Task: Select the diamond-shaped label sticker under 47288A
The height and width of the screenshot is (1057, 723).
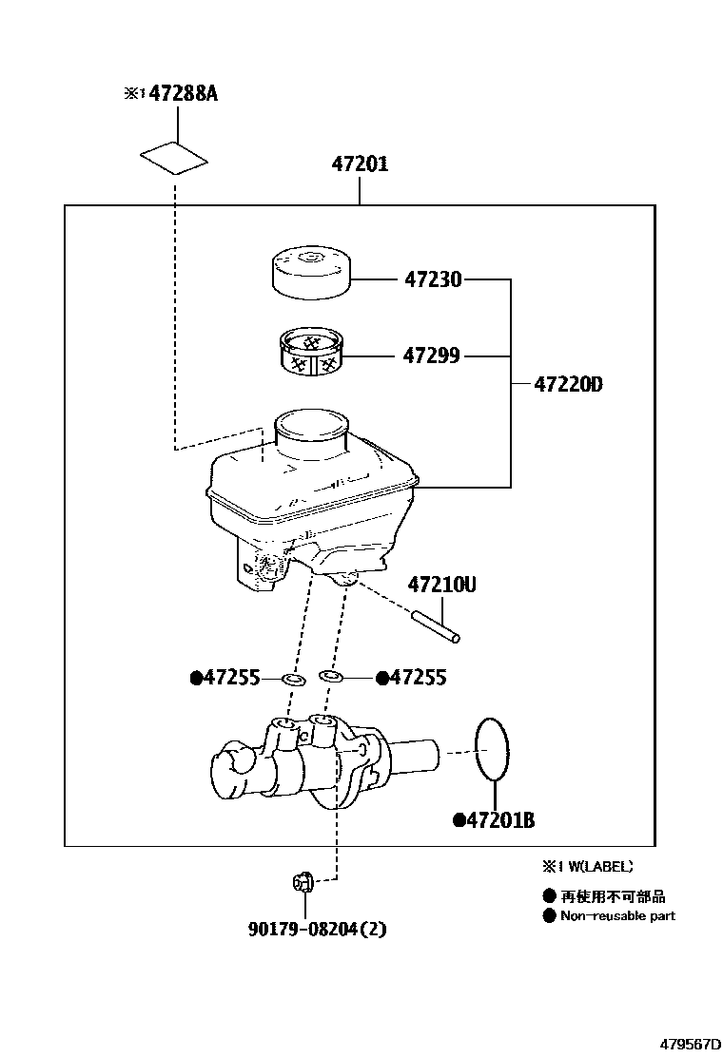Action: click(x=174, y=158)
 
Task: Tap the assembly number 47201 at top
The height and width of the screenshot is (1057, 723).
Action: click(x=360, y=163)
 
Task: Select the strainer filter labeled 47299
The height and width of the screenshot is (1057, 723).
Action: click(x=311, y=353)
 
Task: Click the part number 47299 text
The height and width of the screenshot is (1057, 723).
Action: click(x=431, y=356)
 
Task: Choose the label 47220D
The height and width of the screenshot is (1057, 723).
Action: click(x=568, y=385)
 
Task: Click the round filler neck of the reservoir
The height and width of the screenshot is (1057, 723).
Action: click(x=309, y=429)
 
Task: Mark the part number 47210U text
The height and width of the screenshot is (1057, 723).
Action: click(x=442, y=585)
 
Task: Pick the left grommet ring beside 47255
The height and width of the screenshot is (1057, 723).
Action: click(x=292, y=679)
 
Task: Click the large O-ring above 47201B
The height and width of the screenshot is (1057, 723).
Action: click(x=491, y=749)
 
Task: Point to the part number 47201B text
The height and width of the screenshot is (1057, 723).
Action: click(x=498, y=820)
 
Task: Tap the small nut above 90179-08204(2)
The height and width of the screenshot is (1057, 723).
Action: click(x=303, y=883)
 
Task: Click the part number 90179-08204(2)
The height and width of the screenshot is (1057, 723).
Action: click(x=319, y=929)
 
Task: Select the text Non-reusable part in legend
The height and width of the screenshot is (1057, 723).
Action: click(x=616, y=915)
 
